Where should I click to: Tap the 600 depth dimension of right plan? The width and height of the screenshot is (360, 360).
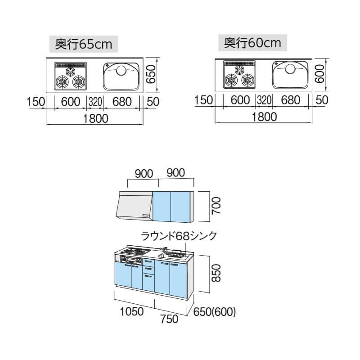320,72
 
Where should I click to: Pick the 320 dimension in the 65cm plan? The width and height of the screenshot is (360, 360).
95,101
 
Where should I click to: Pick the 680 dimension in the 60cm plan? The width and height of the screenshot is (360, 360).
290,100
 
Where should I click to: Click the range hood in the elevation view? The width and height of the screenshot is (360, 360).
134,206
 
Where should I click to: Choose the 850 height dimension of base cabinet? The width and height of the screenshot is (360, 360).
216,273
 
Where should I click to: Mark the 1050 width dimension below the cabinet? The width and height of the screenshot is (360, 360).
131,311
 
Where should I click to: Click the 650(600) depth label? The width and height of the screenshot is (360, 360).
214,311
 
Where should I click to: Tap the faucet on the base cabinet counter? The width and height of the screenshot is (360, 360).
165,250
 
